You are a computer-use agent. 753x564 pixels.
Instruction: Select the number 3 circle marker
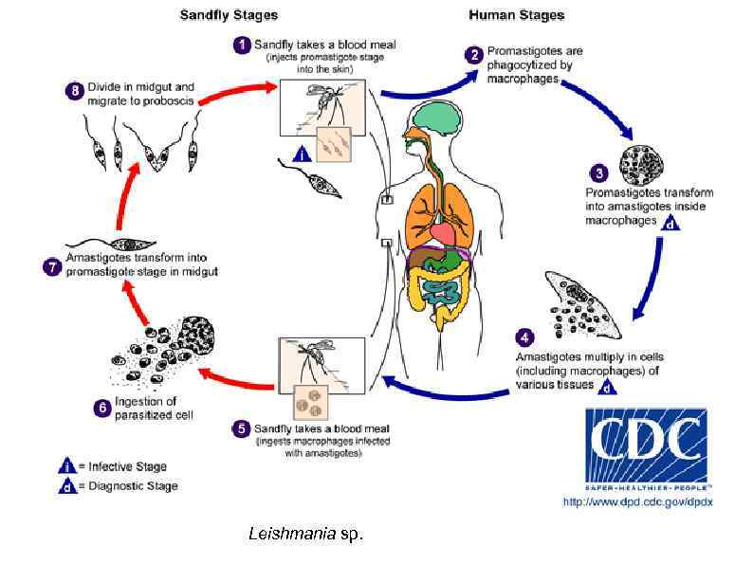598,173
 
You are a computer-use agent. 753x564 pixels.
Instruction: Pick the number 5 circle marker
241,428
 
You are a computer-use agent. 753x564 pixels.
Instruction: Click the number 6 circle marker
102,409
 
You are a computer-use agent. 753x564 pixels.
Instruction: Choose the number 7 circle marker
54,266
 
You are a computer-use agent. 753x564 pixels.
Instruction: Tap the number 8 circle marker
73,91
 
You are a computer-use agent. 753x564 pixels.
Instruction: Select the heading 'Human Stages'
517,15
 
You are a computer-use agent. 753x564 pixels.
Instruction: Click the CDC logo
646,446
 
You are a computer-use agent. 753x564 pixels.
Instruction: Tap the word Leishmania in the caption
292,534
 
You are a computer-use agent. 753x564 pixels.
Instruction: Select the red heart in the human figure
444,230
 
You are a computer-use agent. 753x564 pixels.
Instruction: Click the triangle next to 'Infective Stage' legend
66,465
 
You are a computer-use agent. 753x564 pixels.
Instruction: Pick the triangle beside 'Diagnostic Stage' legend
66,485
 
